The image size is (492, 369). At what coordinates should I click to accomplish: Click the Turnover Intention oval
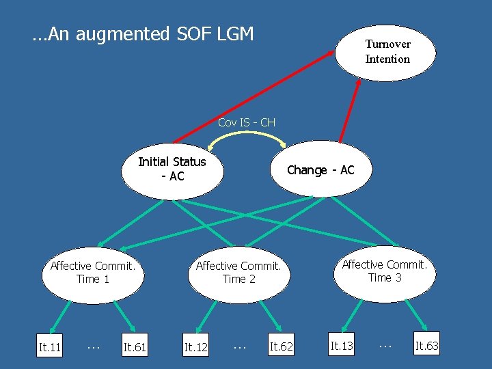pyautogui.click(x=387, y=53)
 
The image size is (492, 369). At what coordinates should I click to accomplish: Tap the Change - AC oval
pyautogui.click(x=320, y=170)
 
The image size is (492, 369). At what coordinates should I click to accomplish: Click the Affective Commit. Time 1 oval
pyautogui.click(x=92, y=273)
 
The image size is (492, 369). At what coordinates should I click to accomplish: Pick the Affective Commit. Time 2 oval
pyautogui.click(x=238, y=273)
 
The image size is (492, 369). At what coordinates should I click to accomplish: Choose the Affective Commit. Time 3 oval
pyautogui.click(x=385, y=271)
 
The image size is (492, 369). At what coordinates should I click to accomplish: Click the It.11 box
pyautogui.click(x=50, y=348)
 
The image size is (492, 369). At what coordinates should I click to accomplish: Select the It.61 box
pyautogui.click(x=135, y=348)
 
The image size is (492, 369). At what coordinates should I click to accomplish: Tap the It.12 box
pyautogui.click(x=196, y=348)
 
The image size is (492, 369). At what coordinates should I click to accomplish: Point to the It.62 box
pyautogui.click(x=282, y=347)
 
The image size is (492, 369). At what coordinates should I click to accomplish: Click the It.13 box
pyautogui.click(x=342, y=346)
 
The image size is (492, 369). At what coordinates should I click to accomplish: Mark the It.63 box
pyautogui.click(x=427, y=346)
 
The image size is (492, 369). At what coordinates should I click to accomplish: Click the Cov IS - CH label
pyautogui.click(x=246, y=123)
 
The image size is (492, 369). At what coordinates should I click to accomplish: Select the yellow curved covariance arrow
pyautogui.click(x=247, y=135)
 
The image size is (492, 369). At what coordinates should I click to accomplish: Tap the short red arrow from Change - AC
pyautogui.click(x=351, y=109)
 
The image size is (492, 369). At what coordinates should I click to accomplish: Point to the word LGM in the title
pyautogui.click(x=234, y=33)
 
